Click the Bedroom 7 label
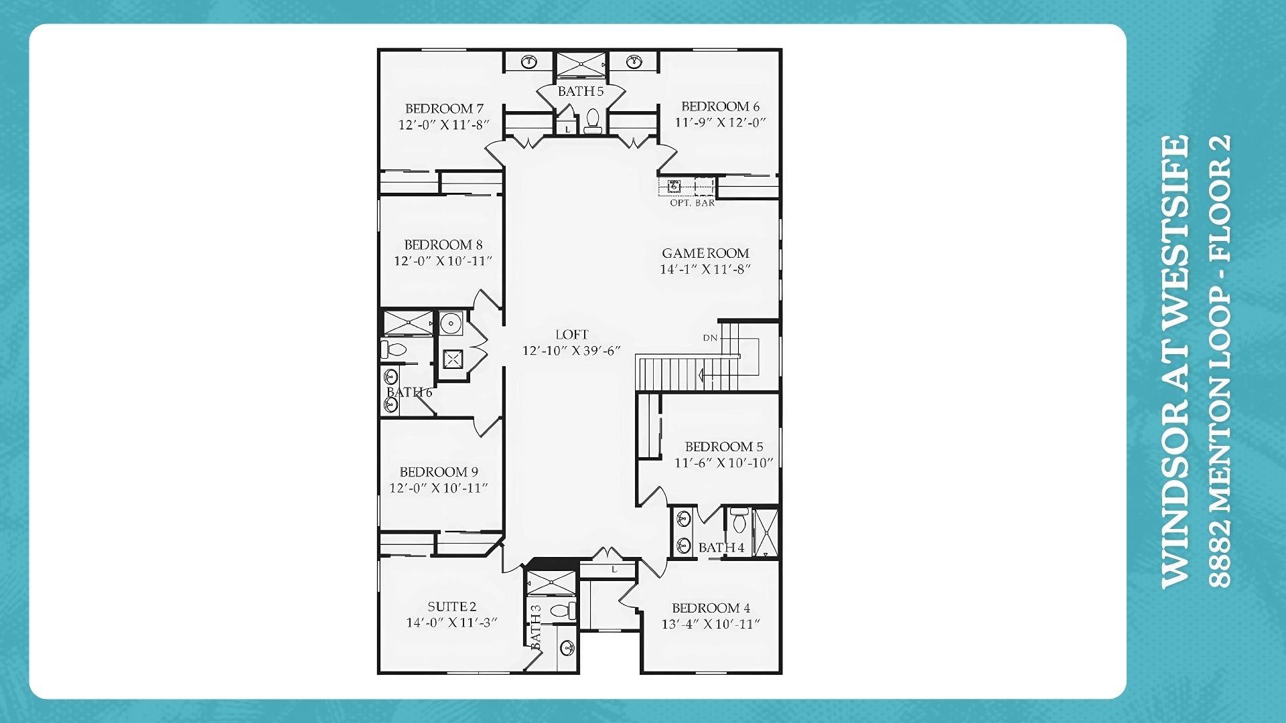444,108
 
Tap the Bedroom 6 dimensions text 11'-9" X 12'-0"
720,123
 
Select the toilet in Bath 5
593,121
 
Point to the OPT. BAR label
693,203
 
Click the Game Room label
705,253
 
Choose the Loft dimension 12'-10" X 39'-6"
571,351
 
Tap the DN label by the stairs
710,338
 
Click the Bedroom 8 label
443,245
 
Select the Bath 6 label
409,392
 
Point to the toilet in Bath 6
395,349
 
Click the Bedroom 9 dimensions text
439,488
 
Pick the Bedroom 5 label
724,447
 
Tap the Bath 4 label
721,548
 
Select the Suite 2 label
452,607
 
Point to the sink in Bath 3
567,647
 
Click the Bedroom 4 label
711,608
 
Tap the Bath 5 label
581,91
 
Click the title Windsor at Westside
1175,362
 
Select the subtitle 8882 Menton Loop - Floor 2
1220,362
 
